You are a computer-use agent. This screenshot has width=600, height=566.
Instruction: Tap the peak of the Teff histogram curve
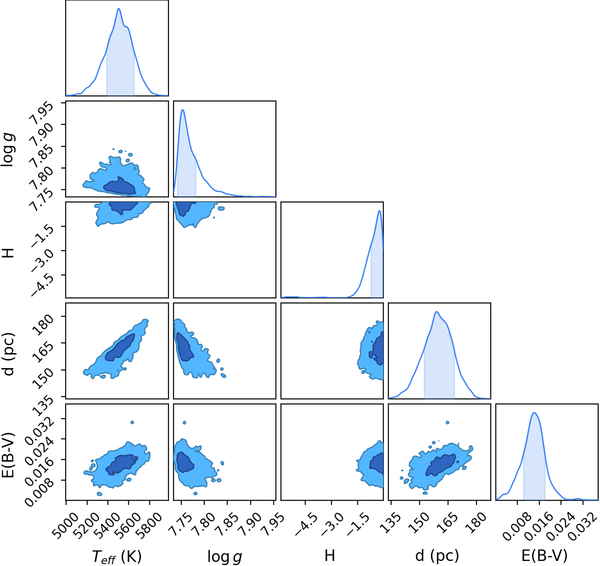click(x=119, y=8)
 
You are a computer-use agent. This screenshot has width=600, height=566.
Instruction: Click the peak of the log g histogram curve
click(x=182, y=110)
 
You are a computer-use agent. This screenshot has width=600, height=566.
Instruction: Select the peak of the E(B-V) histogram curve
click(x=534, y=413)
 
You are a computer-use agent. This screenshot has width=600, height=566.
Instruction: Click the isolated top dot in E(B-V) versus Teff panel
click(x=132, y=422)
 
